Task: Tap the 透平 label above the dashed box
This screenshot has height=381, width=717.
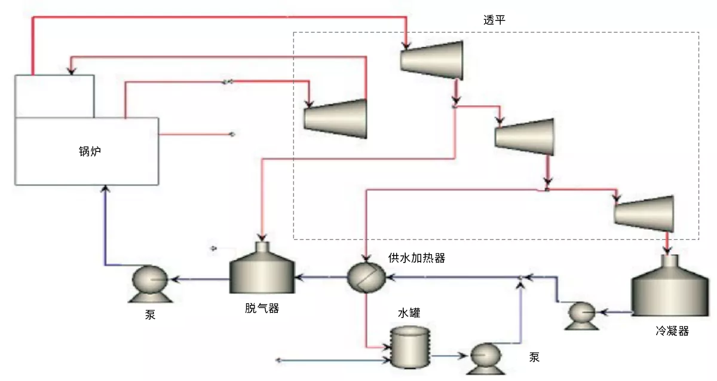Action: coord(495,20)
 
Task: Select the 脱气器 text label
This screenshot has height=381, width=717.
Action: coord(262,309)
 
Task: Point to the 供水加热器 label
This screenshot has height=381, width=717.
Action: coord(416,258)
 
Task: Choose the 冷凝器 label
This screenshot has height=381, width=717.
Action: coord(672,331)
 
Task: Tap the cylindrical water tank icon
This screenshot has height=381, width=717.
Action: coord(410,346)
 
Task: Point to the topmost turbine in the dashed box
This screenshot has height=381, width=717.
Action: coord(433,59)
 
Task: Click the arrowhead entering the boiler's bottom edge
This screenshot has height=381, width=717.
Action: coord(105,188)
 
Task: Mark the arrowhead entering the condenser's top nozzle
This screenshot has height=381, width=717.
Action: coord(668,251)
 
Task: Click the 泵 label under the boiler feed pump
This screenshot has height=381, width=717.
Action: coord(150,315)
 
